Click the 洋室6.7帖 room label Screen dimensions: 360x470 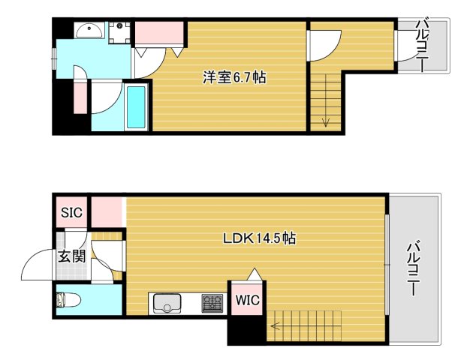[x=233, y=77]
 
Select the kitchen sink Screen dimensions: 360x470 [x=167, y=303]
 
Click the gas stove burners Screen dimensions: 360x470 [x=212, y=303]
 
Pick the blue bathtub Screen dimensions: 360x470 [x=137, y=108]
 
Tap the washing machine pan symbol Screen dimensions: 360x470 [x=119, y=32]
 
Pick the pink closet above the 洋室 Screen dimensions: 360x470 [x=159, y=34]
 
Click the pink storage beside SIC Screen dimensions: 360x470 [x=107, y=211]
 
